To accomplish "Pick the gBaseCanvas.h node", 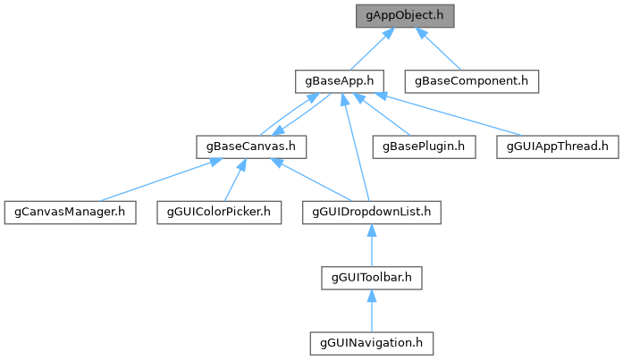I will point(252,146).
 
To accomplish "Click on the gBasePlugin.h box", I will point(424,146).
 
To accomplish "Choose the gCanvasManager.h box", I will point(70,212).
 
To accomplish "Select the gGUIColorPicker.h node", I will point(219,212).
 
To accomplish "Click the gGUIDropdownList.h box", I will point(372,212).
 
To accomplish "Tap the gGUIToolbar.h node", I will point(372,277).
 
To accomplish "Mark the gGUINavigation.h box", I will point(372,342).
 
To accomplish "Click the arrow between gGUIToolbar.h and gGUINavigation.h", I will point(372,310).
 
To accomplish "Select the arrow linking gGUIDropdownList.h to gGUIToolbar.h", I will point(372,245).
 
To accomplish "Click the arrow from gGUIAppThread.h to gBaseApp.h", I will point(447,113).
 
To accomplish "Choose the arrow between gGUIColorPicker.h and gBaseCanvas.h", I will point(235,179).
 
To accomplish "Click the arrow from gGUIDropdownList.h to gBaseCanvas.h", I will point(313,179).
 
